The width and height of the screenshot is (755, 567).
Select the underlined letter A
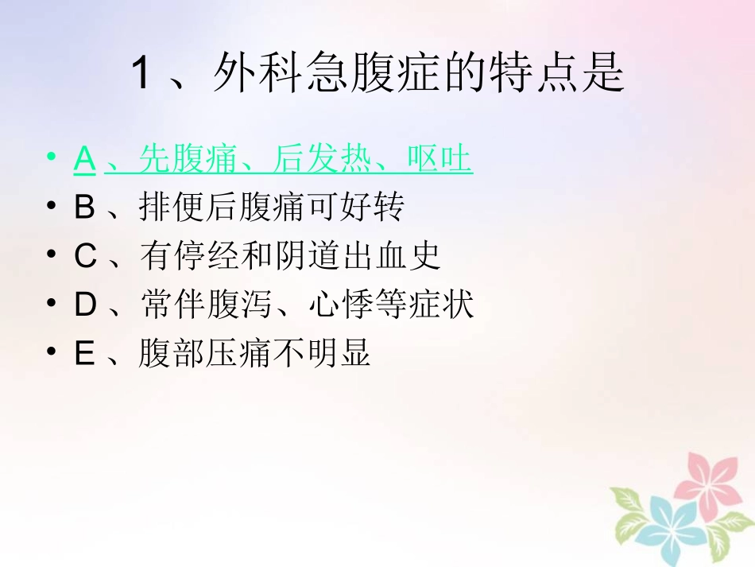pyautogui.click(x=84, y=160)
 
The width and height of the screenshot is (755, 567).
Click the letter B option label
pyautogui.click(x=84, y=208)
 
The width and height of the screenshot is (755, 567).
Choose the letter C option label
pyautogui.click(x=85, y=256)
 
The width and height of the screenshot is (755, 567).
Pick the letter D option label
pyautogui.click(x=85, y=305)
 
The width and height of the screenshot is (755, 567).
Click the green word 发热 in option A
pyautogui.click(x=339, y=160)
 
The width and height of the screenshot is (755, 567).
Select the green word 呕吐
pyautogui.click(x=439, y=160)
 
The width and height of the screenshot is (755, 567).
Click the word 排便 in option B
pyautogui.click(x=172, y=208)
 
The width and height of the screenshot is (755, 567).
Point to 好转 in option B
pyautogui.click(x=372, y=208)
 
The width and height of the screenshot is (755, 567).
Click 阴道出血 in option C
pyautogui.click(x=339, y=256)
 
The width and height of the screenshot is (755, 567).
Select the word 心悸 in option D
pyautogui.click(x=340, y=305)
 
